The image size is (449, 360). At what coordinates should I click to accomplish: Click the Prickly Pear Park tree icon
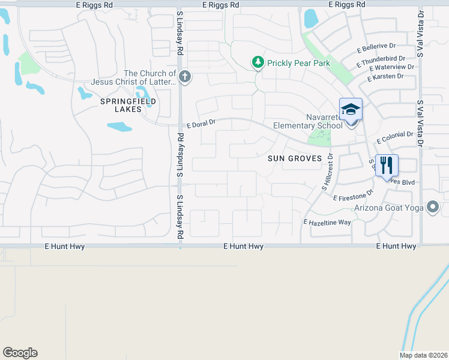point(258,62)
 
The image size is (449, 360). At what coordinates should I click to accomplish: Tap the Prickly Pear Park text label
point(299,62)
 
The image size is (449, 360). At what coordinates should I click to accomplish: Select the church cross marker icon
point(185,76)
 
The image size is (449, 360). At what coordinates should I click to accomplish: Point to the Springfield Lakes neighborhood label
point(128,105)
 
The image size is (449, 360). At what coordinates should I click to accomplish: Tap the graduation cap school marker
point(351,110)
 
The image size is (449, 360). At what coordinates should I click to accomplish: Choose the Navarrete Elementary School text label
point(307,121)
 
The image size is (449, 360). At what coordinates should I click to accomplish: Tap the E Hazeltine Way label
point(327,222)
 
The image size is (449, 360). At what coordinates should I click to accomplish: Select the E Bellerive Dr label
point(378,47)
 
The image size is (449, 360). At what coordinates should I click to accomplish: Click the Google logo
point(20,353)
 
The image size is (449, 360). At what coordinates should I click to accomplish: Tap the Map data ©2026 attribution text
point(423,355)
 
